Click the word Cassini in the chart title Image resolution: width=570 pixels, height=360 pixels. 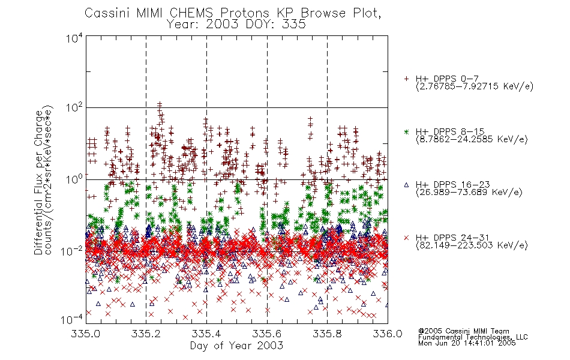tap(107, 13)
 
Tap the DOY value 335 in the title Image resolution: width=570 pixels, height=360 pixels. tap(294, 25)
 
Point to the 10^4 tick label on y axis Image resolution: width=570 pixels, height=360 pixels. tap(74, 38)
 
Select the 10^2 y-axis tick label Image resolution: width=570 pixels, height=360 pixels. tap(74, 108)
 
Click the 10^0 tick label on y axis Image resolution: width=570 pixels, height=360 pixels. tap(74, 179)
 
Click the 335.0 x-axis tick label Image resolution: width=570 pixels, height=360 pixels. tap(85, 334)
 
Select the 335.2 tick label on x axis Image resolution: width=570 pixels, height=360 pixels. tap(146, 334)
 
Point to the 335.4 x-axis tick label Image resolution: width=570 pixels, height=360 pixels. tap(206, 334)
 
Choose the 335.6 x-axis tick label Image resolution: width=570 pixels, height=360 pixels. tap(267, 334)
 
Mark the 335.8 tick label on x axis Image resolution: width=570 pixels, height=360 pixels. tap(327, 334)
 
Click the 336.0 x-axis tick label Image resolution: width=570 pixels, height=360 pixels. tap(388, 334)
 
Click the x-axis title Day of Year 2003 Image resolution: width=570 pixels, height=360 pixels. tap(236, 346)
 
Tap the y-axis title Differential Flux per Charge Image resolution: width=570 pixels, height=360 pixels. tap(39, 182)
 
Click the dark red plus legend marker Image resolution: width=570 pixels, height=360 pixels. tap(406, 79)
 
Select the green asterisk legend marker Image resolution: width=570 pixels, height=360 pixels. tap(406, 131)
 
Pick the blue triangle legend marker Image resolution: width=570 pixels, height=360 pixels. tap(406, 185)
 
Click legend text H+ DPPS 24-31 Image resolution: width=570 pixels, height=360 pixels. tap(452, 238)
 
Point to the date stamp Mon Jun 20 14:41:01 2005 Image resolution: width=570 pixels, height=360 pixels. tap(467, 343)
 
